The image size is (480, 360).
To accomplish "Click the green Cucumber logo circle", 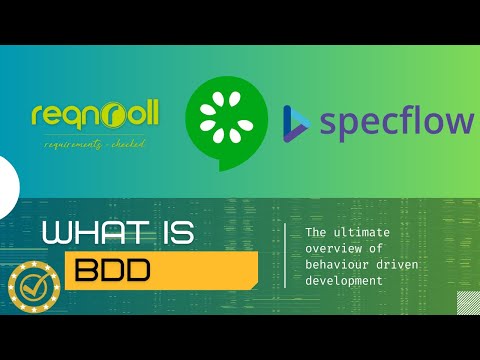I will click(x=230, y=122).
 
